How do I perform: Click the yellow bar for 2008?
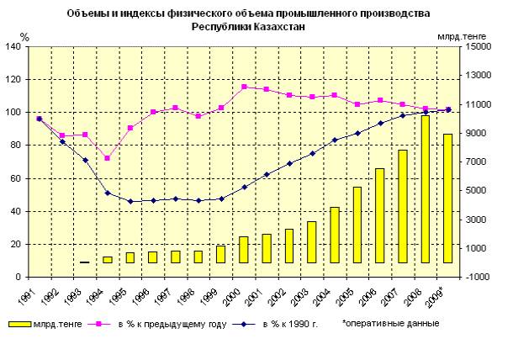425,189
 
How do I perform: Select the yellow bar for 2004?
334,235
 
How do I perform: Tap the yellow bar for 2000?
244,249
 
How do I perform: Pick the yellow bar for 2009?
447,199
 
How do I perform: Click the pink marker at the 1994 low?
108,158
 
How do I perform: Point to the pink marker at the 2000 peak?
244,87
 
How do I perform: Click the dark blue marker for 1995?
130,201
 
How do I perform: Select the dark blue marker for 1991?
40,119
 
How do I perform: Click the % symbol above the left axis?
24,37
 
